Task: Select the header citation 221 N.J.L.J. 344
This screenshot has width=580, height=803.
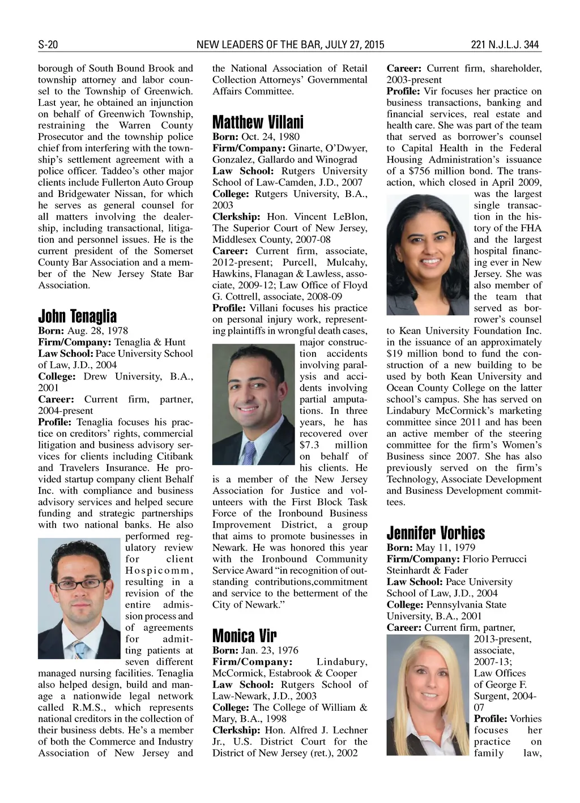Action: (505, 45)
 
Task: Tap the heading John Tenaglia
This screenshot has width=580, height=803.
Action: (77, 316)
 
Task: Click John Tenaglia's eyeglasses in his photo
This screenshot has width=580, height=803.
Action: (78, 583)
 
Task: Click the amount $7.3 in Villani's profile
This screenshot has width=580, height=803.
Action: (309, 445)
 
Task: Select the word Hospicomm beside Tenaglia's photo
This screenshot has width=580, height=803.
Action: (159, 570)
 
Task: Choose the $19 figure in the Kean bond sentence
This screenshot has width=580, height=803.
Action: (394, 353)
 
